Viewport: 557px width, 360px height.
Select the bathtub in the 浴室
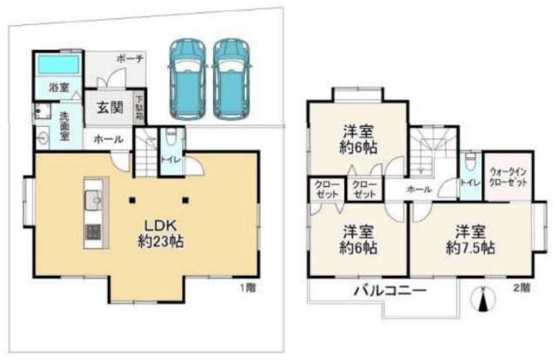coord(57,65)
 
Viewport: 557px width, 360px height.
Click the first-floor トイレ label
coord(171,159)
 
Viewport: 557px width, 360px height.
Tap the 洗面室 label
coord(66,123)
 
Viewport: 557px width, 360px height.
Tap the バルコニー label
coord(389,290)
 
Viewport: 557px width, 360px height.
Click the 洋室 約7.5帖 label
coord(471,239)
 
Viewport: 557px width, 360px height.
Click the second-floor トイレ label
coord(470,183)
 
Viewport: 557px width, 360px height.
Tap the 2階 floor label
coord(520,287)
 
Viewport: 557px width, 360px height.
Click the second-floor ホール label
coord(419,188)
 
